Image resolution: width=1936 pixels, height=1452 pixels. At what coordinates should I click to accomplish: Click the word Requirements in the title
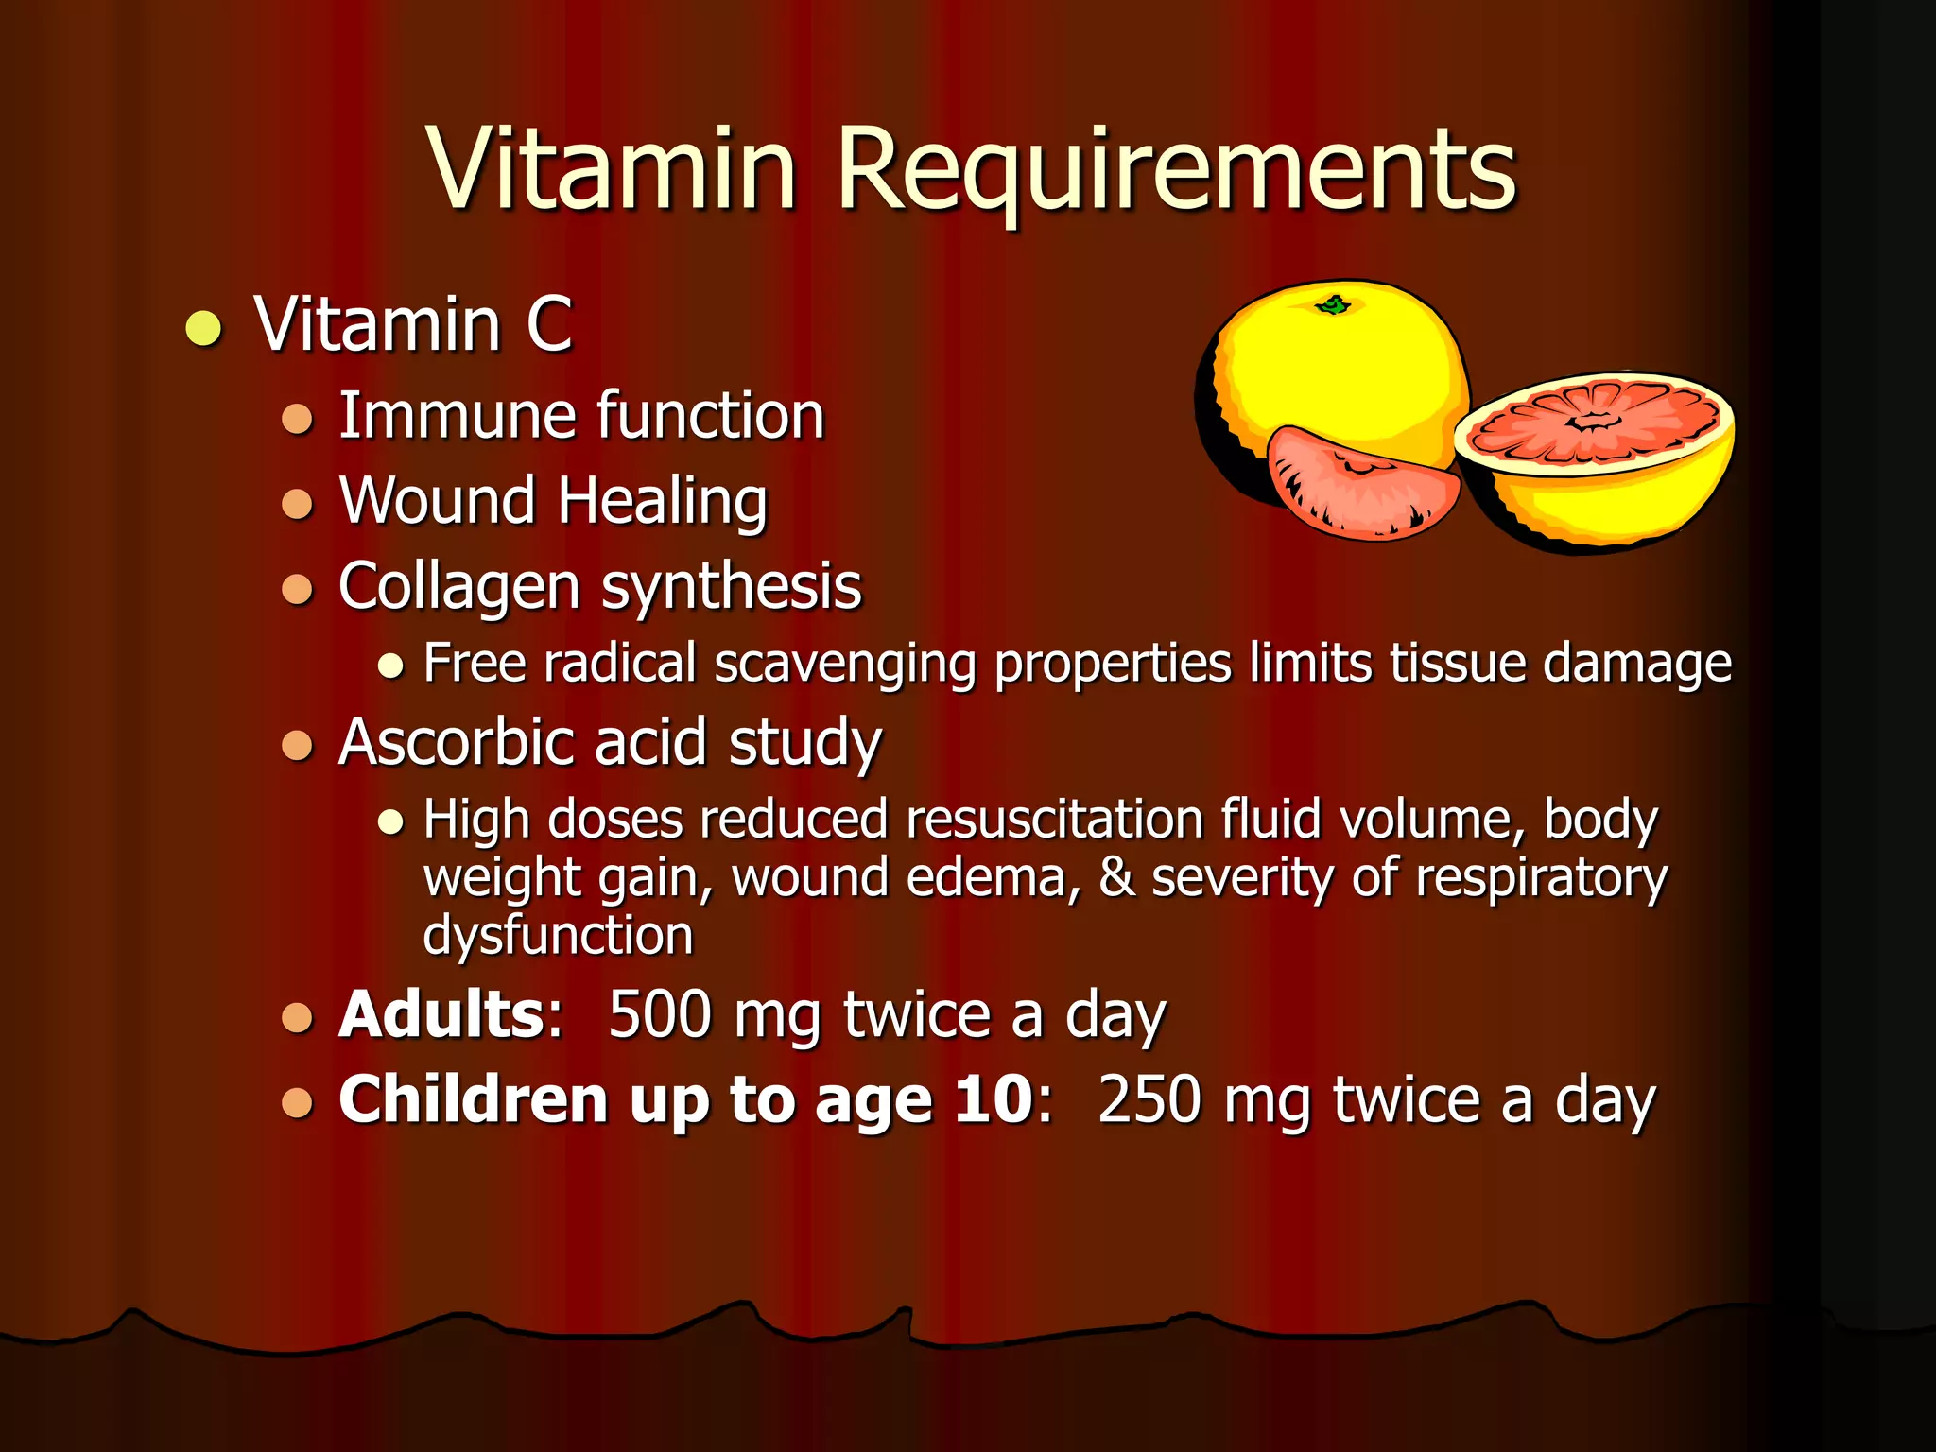tap(1176, 170)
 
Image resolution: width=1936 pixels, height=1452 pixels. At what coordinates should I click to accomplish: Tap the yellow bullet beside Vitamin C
tap(203, 328)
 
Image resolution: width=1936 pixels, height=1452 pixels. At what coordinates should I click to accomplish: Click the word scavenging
tap(845, 664)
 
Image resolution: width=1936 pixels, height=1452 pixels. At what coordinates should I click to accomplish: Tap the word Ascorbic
tap(456, 742)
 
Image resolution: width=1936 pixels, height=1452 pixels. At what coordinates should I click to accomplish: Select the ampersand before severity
tap(1116, 878)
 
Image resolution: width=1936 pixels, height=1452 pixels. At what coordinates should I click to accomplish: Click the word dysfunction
tap(558, 936)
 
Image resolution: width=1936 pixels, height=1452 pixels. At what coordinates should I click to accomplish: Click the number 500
tap(660, 1015)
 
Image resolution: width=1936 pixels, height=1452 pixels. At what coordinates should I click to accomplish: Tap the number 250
tap(1150, 1100)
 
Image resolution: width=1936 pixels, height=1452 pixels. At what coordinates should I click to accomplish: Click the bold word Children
tap(473, 1100)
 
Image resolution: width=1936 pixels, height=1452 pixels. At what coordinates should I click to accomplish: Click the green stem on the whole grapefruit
tap(1335, 304)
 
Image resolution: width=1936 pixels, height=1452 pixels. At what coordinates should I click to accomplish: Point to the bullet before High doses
tap(390, 821)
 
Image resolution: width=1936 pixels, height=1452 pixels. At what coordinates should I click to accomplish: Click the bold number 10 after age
tap(993, 1100)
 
